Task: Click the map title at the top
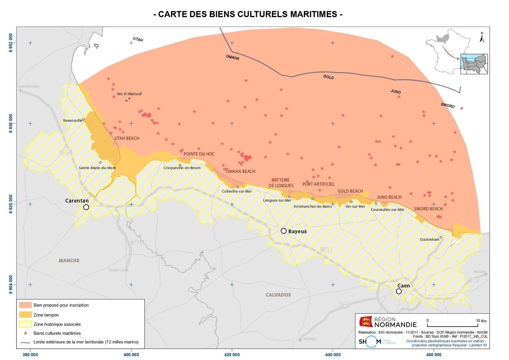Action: click(248, 14)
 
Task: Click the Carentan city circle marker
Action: click(86, 207)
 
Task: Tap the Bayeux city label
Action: click(297, 232)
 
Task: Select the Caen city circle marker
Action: click(399, 291)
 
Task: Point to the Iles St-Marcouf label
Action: click(129, 94)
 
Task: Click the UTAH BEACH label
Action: click(127, 138)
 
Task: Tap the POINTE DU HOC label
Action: click(199, 154)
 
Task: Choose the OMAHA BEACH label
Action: click(241, 171)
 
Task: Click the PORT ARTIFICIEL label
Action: click(318, 184)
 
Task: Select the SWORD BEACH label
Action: click(428, 209)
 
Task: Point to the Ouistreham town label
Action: click(429, 239)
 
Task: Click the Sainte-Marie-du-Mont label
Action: click(97, 168)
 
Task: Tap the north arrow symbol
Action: click(482, 38)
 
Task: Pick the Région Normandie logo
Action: click(388, 322)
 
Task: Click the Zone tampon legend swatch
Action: click(25, 315)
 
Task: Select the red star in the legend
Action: click(25, 333)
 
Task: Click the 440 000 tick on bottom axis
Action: click(333, 355)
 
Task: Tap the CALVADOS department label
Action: click(278, 295)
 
